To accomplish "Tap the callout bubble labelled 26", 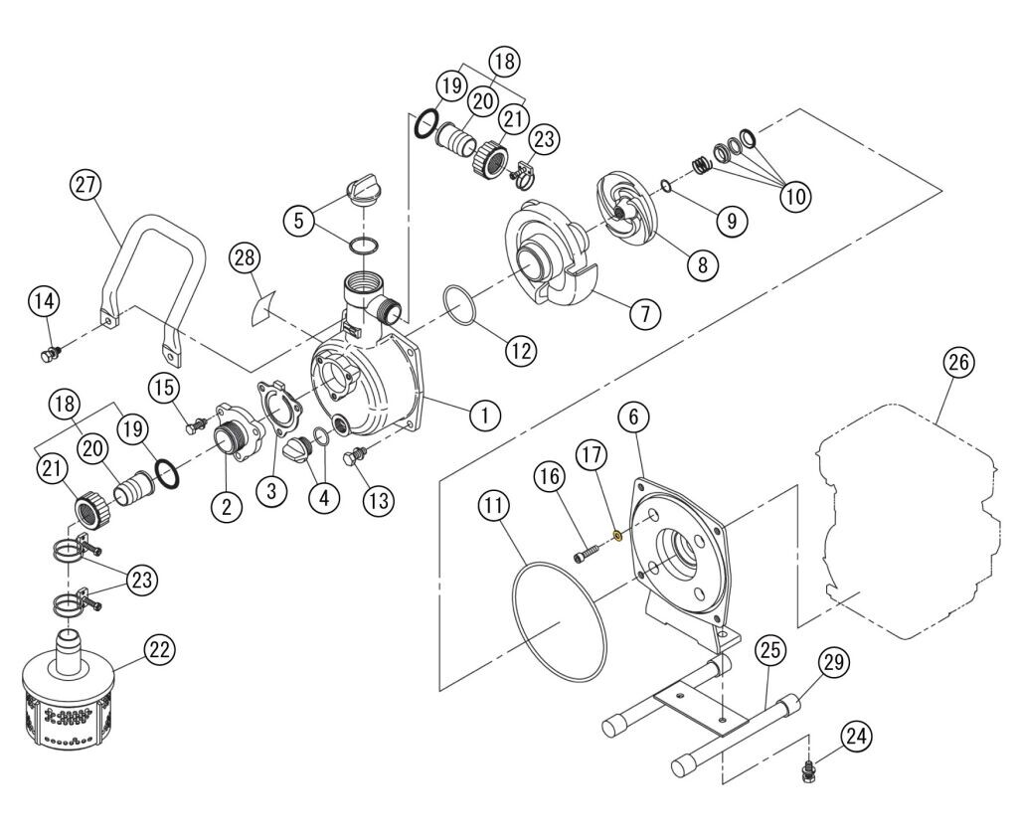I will [959, 364].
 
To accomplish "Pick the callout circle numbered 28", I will [245, 258].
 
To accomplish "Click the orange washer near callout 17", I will [618, 535].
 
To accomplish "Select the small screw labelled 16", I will [587, 550].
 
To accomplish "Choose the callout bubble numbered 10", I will [795, 195].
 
